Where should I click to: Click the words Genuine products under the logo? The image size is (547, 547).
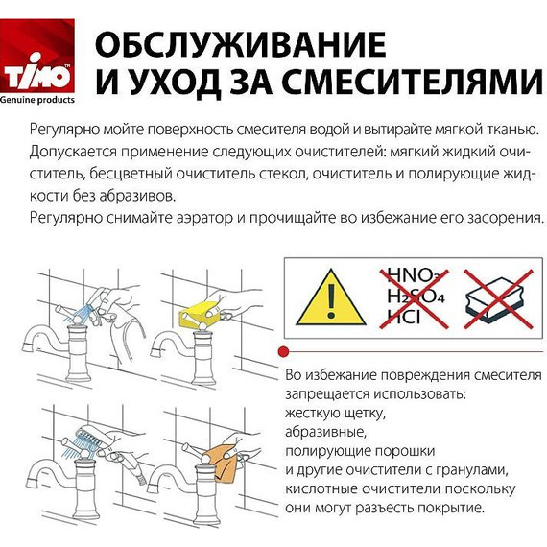42,100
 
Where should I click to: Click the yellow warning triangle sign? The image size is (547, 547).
329,297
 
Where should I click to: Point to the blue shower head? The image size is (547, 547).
86,438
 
